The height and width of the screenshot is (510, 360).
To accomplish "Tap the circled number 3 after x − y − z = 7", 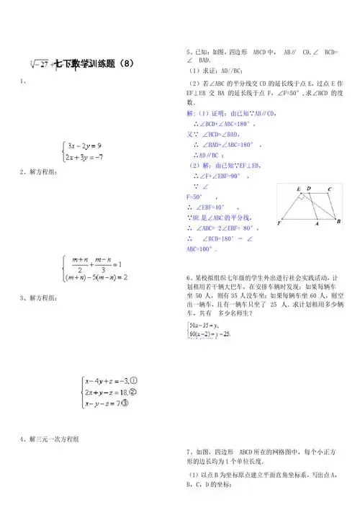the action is pos(125,403).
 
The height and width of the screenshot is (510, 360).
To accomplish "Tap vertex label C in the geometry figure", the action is pos(329,189).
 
